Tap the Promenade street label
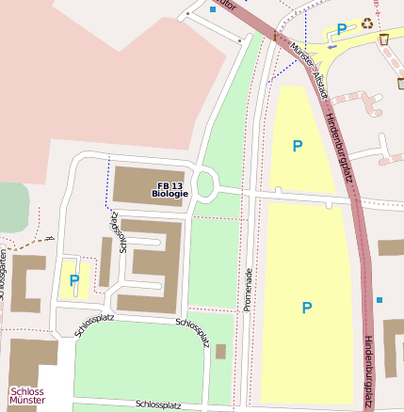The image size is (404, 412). tap(249, 282)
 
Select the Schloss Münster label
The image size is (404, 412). tap(27, 396)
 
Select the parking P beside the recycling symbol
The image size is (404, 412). tap(342, 30)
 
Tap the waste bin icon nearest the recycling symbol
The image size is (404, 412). tap(384, 39)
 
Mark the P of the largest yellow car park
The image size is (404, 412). tap(306, 308)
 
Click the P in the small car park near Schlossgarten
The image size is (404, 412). tap(74, 280)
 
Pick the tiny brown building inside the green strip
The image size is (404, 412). tap(220, 352)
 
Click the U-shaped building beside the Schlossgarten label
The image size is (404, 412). tap(25, 283)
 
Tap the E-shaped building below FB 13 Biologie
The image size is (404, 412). tap(151, 265)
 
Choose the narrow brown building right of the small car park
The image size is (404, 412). tap(105, 262)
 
